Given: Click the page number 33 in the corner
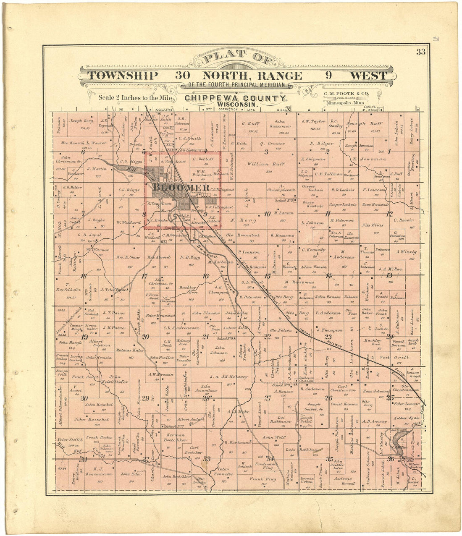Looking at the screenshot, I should click(x=421, y=52).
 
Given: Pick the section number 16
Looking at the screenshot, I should click(x=205, y=276).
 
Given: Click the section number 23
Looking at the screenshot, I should click(x=328, y=336).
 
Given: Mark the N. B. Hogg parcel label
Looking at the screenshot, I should click(x=189, y=257).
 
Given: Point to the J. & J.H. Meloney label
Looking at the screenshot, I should click(x=223, y=377).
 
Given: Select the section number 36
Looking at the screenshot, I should click(x=391, y=459).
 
